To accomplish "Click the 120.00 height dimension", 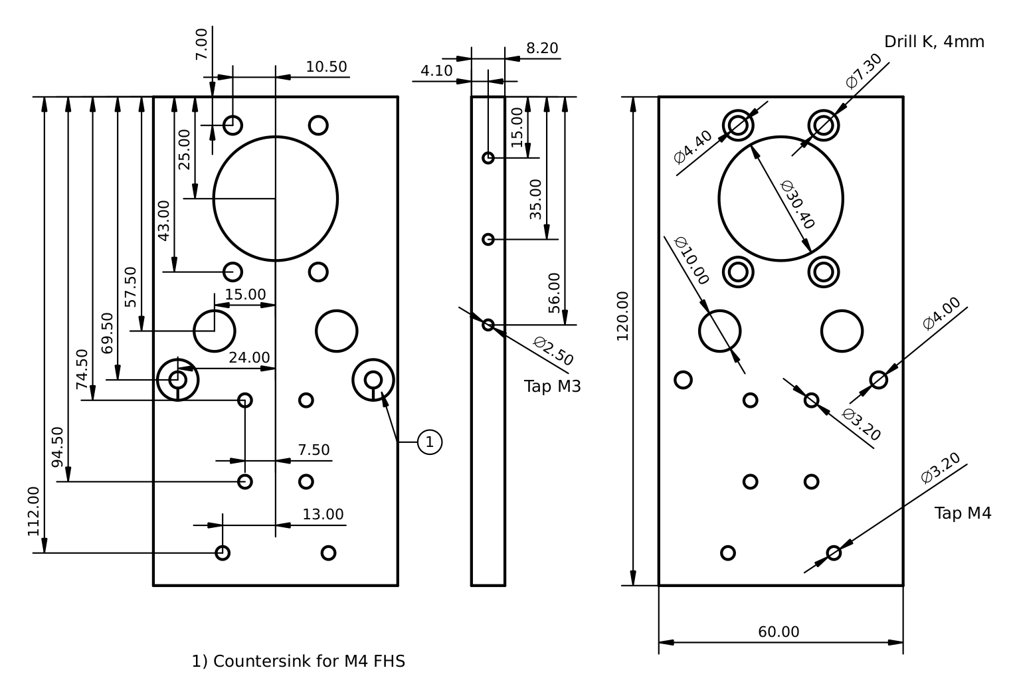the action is pyautogui.click(x=622, y=316).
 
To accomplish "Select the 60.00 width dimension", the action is pyautogui.click(x=779, y=632).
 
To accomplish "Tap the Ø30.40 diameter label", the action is pyautogui.click(x=797, y=205).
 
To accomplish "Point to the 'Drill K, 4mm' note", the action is pyautogui.click(x=934, y=42).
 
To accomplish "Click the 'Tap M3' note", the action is pyautogui.click(x=552, y=387).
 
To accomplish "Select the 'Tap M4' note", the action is pyautogui.click(x=963, y=513).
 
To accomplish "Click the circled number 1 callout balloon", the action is pyautogui.click(x=430, y=442).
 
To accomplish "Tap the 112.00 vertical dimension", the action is pyautogui.click(x=34, y=511).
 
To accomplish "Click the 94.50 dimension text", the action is pyautogui.click(x=58, y=447).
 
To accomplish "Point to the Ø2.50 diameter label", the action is pyautogui.click(x=553, y=351).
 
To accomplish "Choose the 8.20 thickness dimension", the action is pyautogui.click(x=542, y=48).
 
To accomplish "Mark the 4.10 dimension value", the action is pyautogui.click(x=436, y=70).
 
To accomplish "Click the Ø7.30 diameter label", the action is pyautogui.click(x=864, y=71).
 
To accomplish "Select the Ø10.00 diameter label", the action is pyautogui.click(x=691, y=261).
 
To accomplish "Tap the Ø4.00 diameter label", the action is pyautogui.click(x=941, y=313).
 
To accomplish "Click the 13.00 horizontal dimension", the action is pyautogui.click(x=323, y=515).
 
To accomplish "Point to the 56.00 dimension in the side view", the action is pyautogui.click(x=555, y=294).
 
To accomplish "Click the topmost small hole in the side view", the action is pyautogui.click(x=488, y=158).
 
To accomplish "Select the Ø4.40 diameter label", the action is pyautogui.click(x=693, y=147).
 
